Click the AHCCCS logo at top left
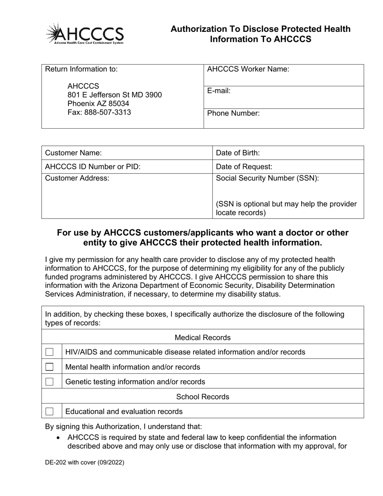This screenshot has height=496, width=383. (x=85, y=34)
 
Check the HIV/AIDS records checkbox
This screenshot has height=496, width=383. (x=49, y=352)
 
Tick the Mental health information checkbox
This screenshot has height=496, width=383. (x=49, y=367)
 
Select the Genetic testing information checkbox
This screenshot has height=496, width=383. (x=49, y=382)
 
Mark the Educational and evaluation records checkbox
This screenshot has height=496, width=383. (x=49, y=412)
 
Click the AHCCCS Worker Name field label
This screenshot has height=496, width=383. (x=248, y=69)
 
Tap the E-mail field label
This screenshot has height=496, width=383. (x=219, y=91)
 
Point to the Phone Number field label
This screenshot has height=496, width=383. (x=233, y=113)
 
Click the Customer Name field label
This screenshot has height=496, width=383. (x=73, y=153)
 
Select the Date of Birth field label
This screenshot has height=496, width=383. (x=238, y=153)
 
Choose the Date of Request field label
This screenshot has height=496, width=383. (x=244, y=167)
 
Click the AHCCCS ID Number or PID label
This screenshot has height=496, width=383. (x=93, y=167)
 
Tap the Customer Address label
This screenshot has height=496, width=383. (x=77, y=178)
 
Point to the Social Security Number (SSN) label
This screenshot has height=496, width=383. (x=268, y=178)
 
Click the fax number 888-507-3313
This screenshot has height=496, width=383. (x=99, y=112)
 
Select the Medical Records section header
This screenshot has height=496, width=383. (x=203, y=338)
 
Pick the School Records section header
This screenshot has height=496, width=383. (x=203, y=397)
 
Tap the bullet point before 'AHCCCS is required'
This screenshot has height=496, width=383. (x=59, y=438)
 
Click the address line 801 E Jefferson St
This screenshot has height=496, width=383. (x=114, y=95)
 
